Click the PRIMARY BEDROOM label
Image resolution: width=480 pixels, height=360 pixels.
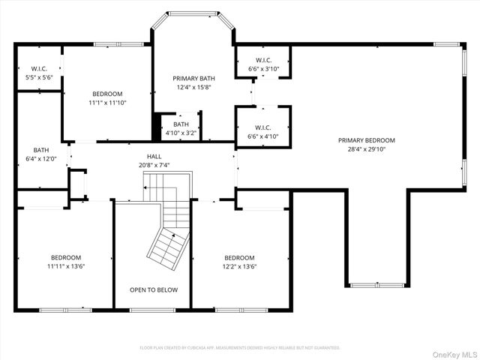[366, 140]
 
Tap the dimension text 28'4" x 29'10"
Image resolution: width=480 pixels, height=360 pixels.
[366, 149]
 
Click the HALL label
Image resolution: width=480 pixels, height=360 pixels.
[154, 156]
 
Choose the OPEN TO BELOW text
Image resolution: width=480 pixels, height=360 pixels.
[153, 289]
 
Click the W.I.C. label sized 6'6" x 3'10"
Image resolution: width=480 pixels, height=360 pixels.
[263, 60]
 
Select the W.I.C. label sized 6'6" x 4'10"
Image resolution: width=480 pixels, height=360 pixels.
[263, 127]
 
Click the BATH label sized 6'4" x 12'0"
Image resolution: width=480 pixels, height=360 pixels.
[40, 150]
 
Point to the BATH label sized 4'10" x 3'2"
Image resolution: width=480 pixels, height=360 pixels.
[181, 124]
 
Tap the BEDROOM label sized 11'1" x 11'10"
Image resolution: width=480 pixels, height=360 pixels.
[107, 94]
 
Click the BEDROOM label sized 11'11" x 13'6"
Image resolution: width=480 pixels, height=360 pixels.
[66, 257]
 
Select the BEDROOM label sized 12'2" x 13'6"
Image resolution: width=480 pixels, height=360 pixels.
[239, 257]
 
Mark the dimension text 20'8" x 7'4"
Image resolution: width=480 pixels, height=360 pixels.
[154, 165]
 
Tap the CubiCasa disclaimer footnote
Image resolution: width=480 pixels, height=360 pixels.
[240, 348]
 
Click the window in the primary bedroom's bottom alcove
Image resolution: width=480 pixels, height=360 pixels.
[377, 286]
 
